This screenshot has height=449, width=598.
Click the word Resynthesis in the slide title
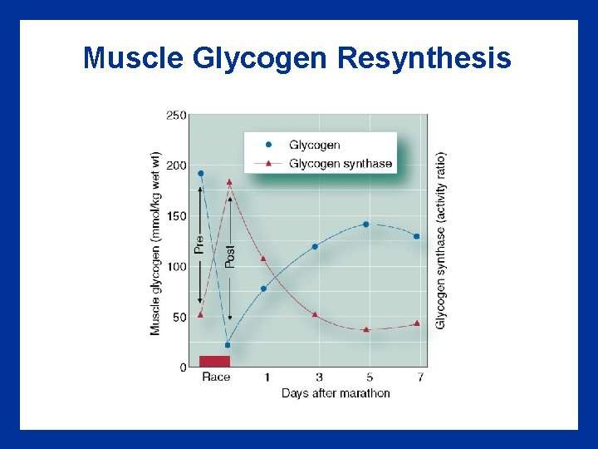point(424,58)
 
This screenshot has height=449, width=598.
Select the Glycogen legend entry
point(314,145)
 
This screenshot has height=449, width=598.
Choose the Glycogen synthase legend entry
point(340,164)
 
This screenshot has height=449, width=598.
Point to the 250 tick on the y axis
point(176,116)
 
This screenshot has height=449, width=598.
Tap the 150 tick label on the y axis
point(176,216)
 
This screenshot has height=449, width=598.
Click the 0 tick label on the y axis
point(183,368)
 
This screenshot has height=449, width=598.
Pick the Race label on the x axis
point(216,377)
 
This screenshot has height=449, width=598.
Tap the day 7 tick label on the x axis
point(421,377)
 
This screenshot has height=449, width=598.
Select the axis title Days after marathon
point(336,393)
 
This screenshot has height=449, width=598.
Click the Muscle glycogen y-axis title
point(155,244)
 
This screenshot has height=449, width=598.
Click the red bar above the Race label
point(214,361)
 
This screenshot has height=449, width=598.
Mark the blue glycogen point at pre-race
point(200,174)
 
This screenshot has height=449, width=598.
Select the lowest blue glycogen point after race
point(228,345)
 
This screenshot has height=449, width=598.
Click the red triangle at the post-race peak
point(229,181)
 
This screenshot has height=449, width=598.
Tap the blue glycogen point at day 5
point(365,224)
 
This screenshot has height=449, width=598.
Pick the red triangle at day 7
point(417,323)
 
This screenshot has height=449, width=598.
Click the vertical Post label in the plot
point(230,255)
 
